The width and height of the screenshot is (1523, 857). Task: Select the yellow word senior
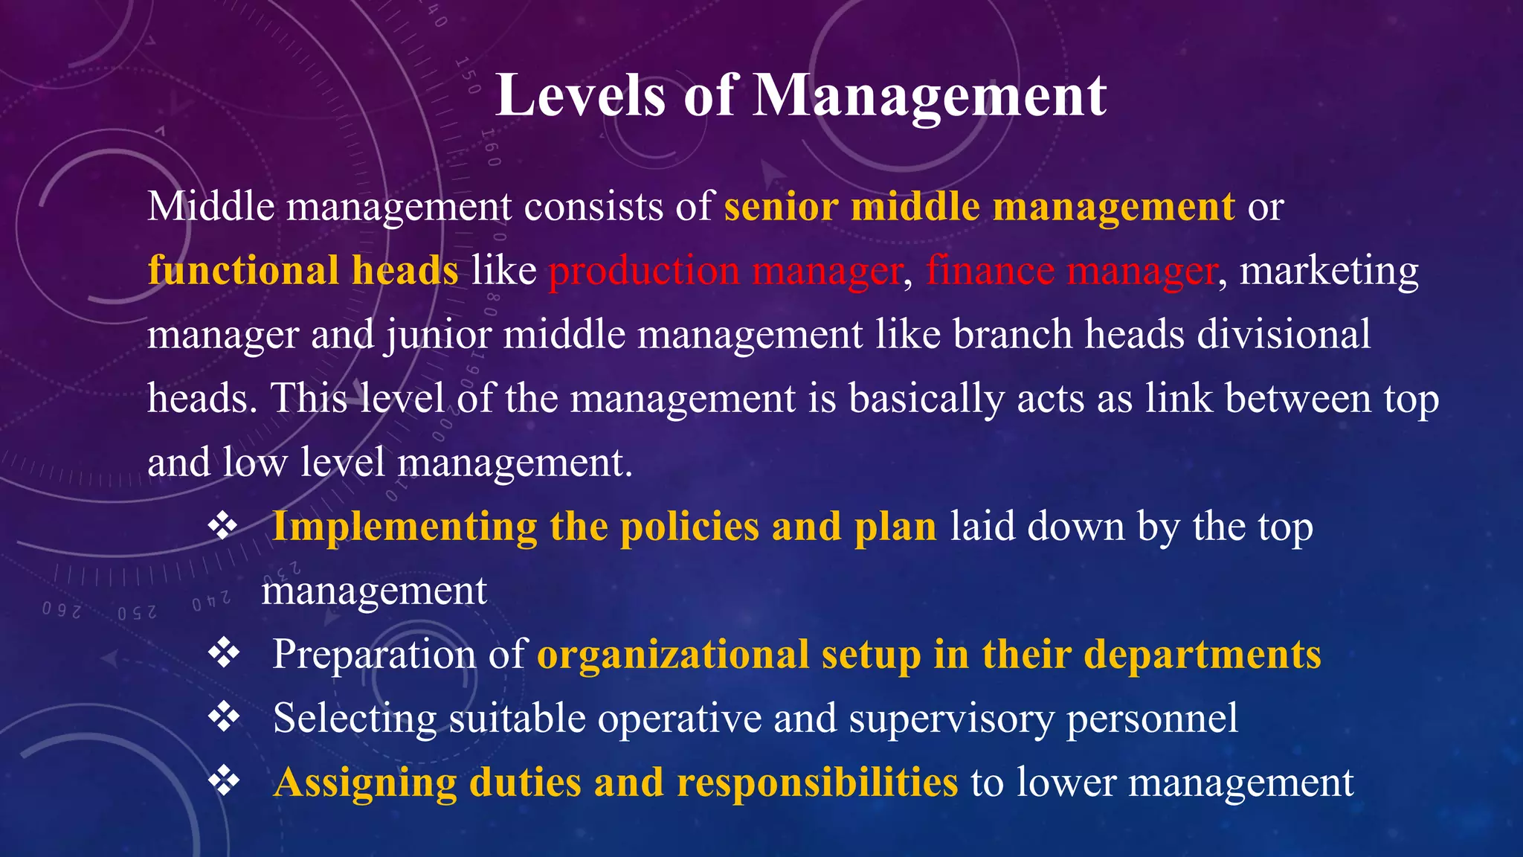tap(781, 206)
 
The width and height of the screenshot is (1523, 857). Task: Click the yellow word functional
tap(242, 270)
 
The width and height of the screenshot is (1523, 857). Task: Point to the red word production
tap(644, 271)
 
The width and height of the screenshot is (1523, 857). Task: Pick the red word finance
tap(990, 270)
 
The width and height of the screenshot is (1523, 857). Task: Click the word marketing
tap(1329, 271)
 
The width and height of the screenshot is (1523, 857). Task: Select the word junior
tap(438, 335)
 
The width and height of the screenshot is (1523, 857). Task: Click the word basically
tap(926, 399)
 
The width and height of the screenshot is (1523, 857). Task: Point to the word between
tap(1298, 398)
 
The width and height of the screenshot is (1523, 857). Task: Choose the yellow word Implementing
tap(405, 527)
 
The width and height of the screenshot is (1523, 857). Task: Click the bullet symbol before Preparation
tap(223, 653)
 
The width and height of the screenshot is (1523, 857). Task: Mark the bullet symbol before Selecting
tap(223, 717)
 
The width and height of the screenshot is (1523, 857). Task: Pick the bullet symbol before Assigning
tap(223, 781)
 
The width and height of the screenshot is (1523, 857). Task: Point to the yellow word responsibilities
tap(817, 783)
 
